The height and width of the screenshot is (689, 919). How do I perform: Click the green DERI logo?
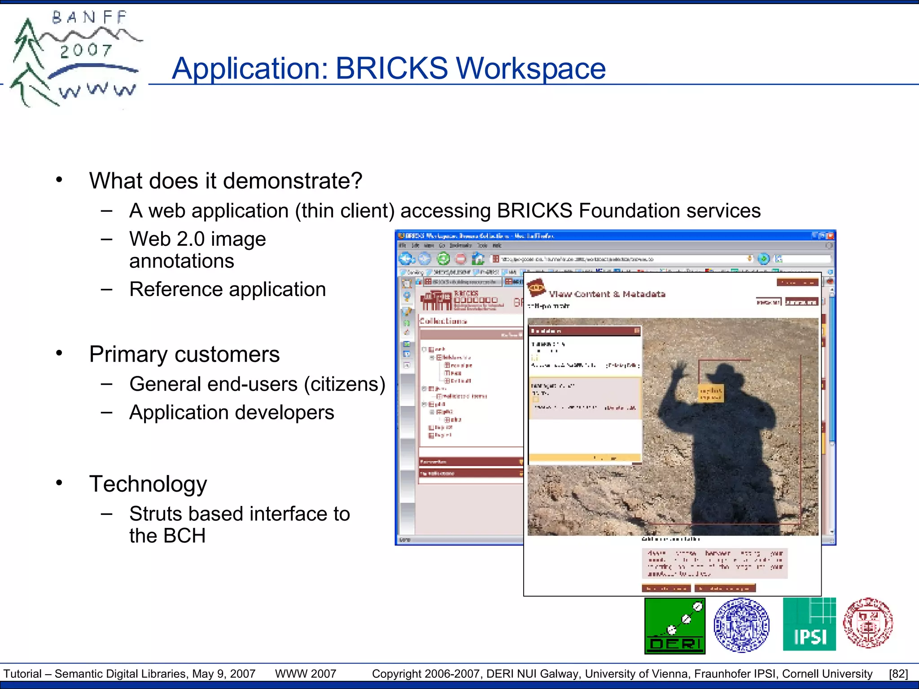coord(674,626)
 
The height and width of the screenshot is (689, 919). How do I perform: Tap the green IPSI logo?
coord(809,624)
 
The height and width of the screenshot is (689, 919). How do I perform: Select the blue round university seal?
coord(741,624)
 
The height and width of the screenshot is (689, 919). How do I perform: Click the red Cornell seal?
coord(868,623)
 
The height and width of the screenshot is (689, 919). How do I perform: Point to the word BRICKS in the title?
coord(391,68)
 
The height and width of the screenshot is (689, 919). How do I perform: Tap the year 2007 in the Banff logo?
coord(86,50)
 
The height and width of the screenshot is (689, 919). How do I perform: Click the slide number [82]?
coord(898,674)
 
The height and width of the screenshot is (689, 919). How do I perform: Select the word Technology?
coord(148,484)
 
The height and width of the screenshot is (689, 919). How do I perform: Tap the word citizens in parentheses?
coord(344,384)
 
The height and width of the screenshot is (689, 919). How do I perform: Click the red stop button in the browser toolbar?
coord(460,259)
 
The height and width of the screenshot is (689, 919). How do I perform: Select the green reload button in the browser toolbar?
coord(443,259)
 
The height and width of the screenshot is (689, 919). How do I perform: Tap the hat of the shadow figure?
coord(722,373)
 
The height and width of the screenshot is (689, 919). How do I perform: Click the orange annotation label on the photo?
coord(711,393)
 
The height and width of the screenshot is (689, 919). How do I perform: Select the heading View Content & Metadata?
coord(607,294)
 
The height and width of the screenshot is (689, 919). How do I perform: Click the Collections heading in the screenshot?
coord(443,321)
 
